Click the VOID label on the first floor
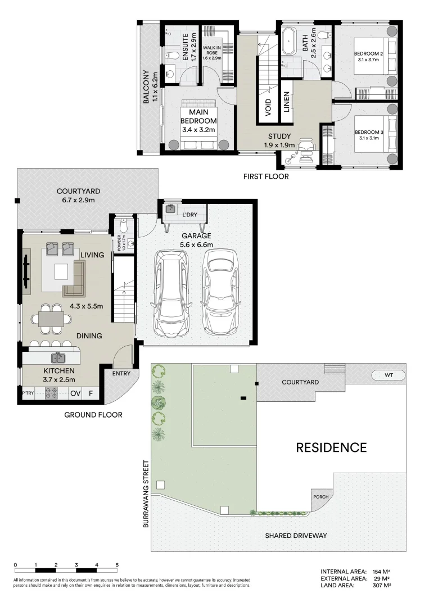268,105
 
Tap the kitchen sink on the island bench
57,357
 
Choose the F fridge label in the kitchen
91,394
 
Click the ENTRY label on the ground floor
121,374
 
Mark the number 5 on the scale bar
117,564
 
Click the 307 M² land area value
382,585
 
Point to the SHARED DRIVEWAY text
296,536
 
